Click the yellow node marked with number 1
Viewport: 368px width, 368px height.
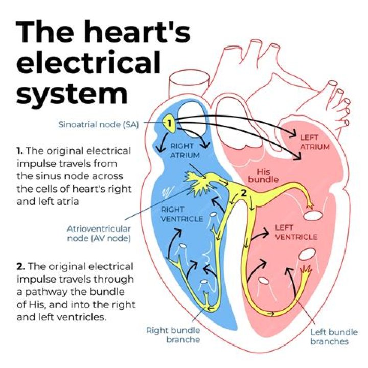169,123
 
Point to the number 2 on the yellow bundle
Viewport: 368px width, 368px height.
244,193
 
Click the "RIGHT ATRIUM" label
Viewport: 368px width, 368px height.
182,151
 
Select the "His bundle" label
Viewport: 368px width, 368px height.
262,176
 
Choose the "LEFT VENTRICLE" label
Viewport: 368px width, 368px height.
296,233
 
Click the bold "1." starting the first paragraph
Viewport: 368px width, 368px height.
20,151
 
